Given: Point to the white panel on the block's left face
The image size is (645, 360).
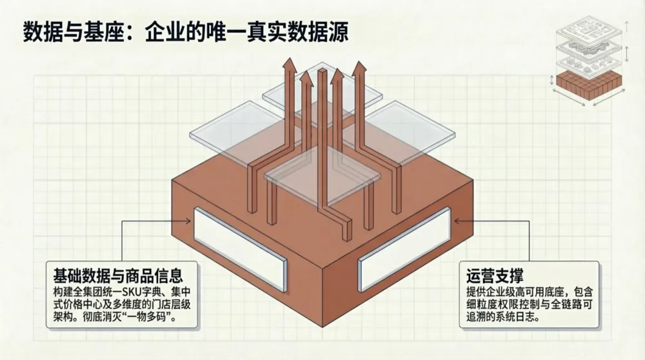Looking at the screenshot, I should tap(239, 248).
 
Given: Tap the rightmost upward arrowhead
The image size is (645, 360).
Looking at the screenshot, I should tap(359, 66).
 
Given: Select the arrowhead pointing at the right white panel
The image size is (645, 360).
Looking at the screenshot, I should tap(457, 221).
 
